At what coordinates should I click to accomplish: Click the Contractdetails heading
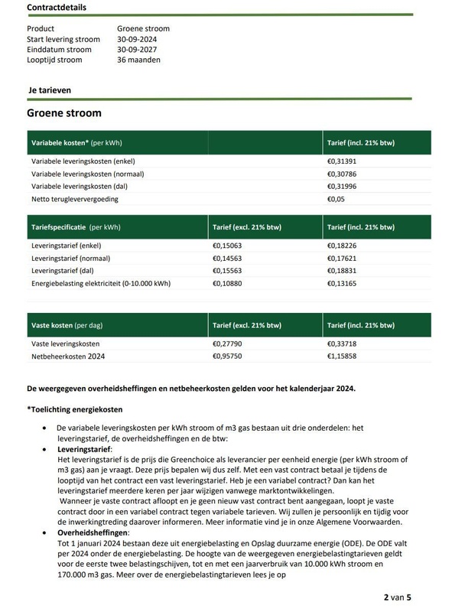[57, 8]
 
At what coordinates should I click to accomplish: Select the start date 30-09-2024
[138, 39]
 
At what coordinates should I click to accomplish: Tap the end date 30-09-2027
[138, 50]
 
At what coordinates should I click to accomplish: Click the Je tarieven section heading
[50, 90]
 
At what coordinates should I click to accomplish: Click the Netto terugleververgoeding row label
[74, 199]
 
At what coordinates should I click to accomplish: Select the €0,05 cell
[337, 199]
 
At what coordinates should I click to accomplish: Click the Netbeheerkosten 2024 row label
[70, 356]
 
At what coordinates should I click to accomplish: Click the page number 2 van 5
[398, 597]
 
